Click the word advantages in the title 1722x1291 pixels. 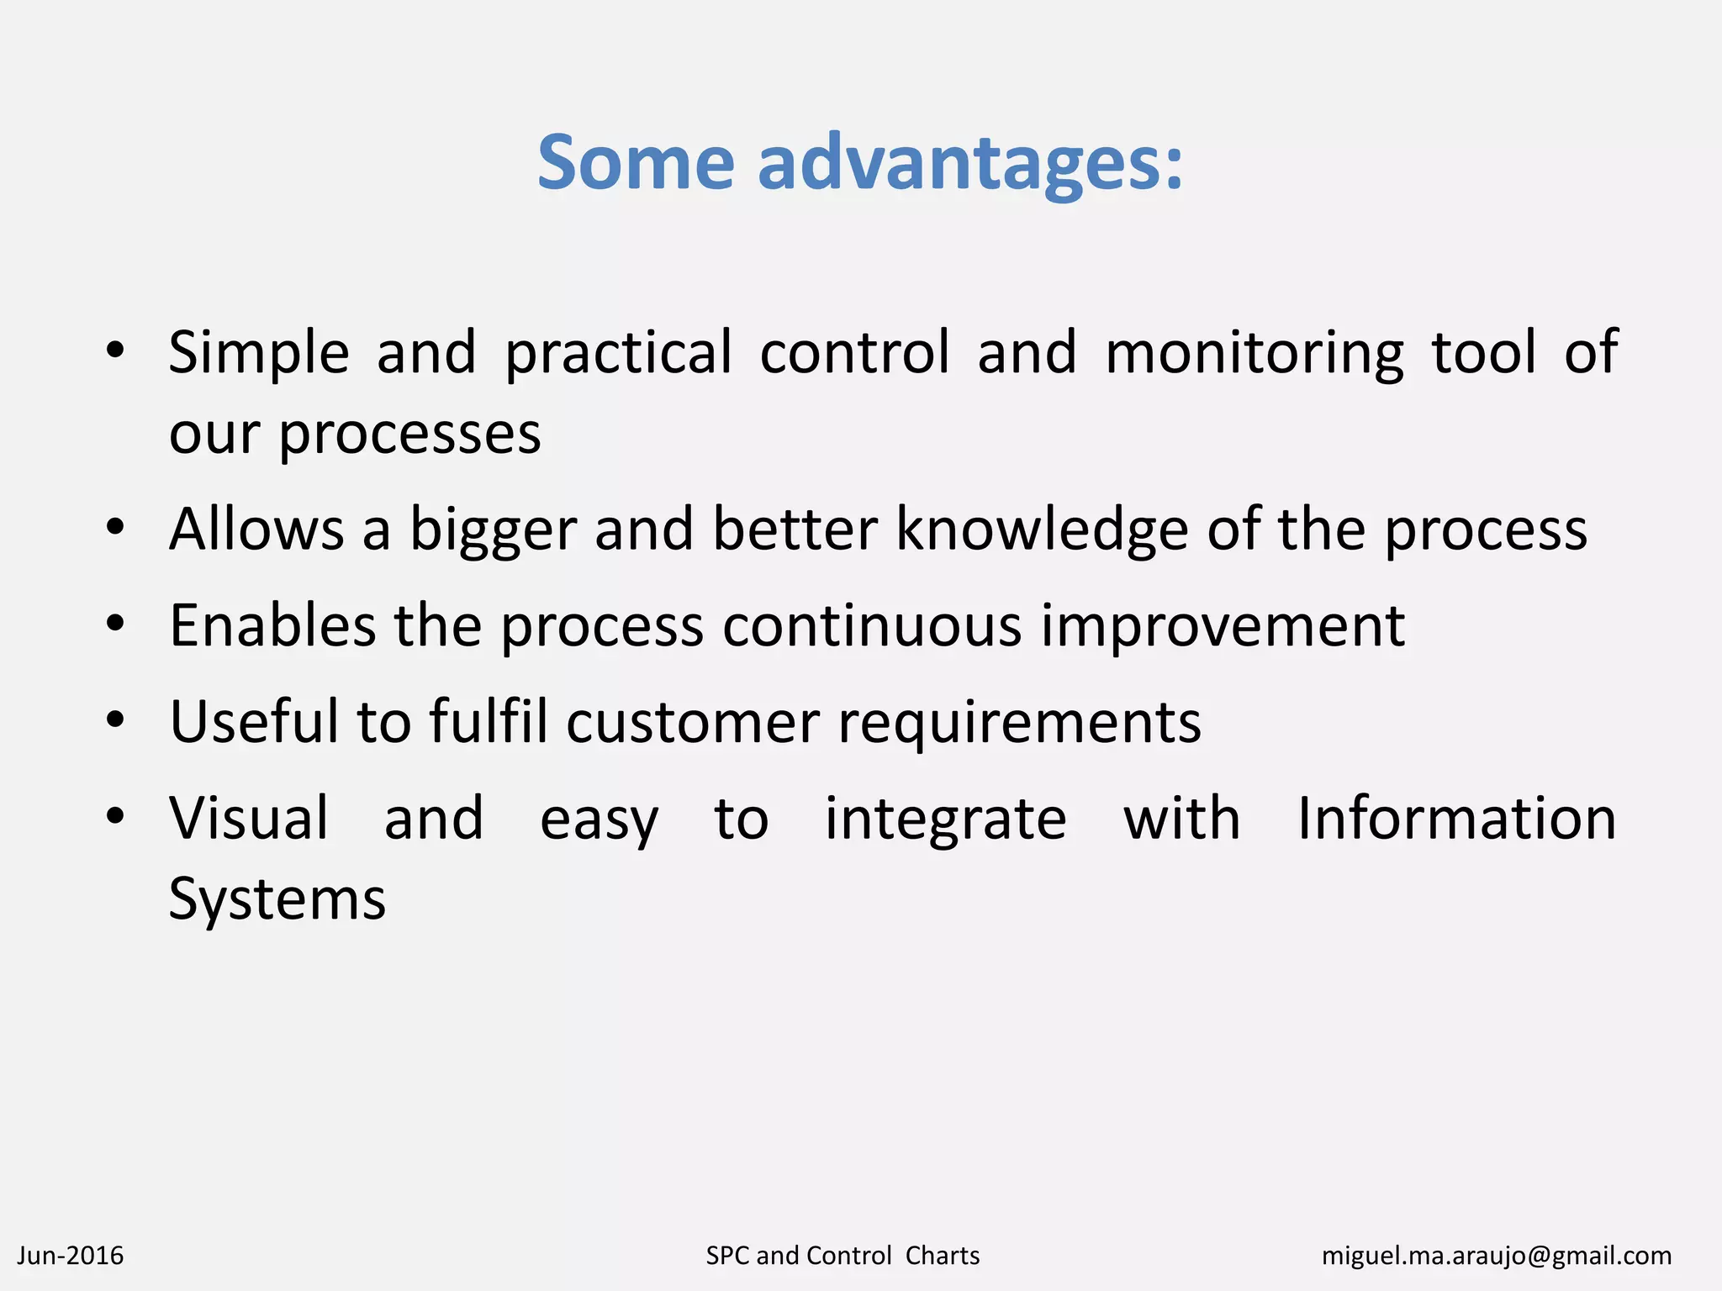(x=959, y=163)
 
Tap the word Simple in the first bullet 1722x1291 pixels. (x=258, y=353)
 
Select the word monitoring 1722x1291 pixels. (x=1254, y=353)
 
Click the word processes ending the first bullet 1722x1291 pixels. (x=409, y=435)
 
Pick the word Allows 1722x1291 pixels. (x=256, y=530)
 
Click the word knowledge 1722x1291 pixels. (x=1041, y=530)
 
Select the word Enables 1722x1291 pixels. (x=272, y=626)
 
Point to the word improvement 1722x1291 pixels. (x=1223, y=628)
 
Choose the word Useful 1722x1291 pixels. (x=253, y=722)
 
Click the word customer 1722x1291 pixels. (x=692, y=724)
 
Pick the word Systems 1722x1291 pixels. (x=277, y=900)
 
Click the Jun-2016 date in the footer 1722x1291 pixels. (x=71, y=1256)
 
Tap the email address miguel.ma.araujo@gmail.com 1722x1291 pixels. (x=1496, y=1256)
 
